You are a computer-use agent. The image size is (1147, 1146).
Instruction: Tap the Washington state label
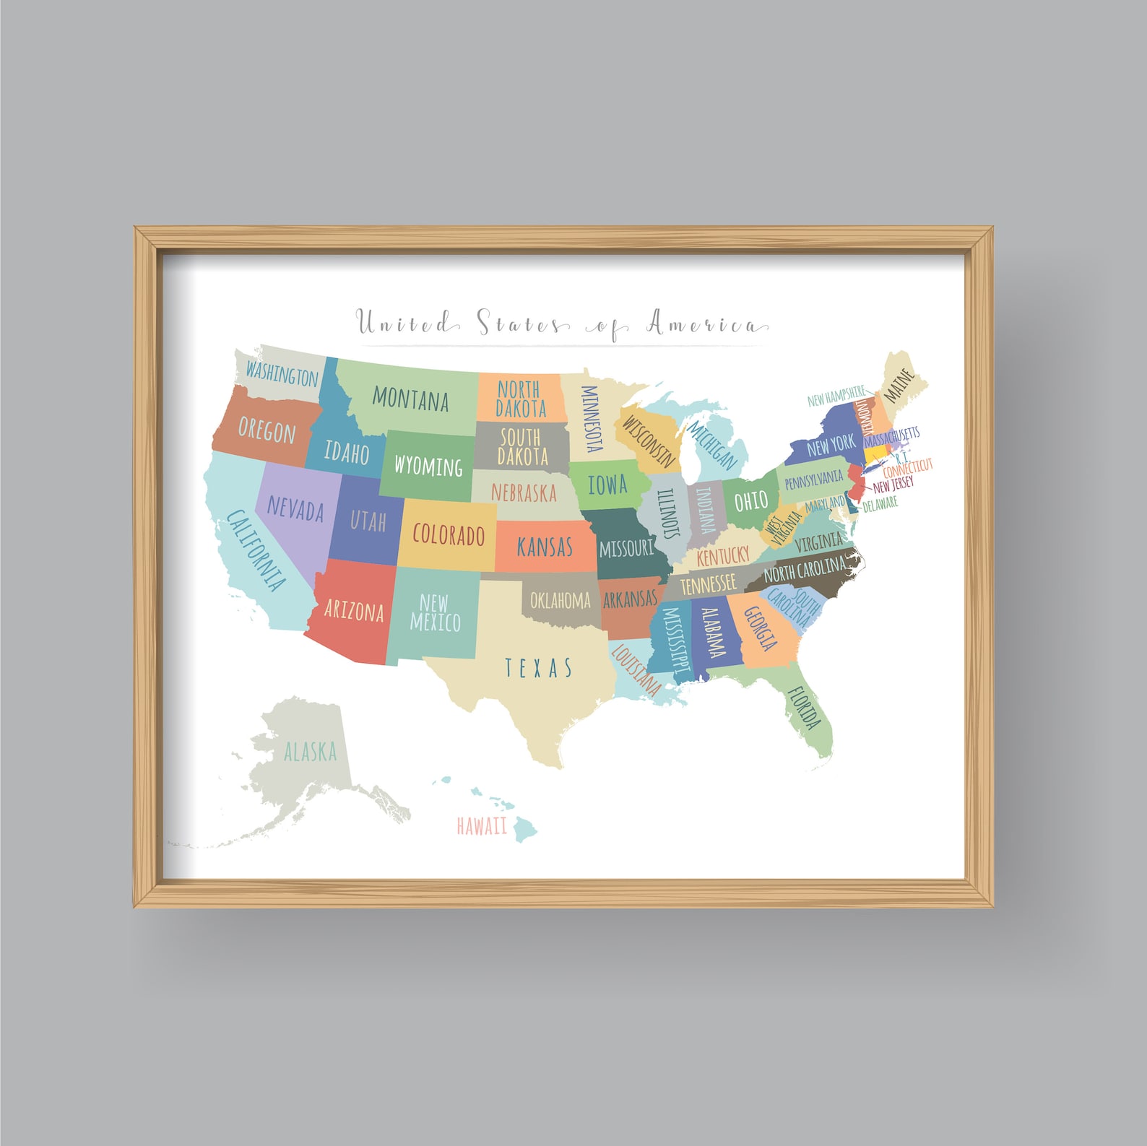(281, 374)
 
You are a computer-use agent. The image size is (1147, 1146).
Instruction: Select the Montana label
(410, 399)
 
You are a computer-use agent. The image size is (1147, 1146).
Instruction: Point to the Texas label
(538, 668)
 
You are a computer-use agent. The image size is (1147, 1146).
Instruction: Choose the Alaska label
(310, 752)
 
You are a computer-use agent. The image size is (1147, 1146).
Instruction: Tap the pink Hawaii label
(482, 825)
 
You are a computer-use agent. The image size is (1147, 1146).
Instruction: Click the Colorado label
(448, 535)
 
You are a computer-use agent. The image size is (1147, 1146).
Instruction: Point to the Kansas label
(545, 547)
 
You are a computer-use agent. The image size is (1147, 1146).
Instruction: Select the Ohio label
(750, 500)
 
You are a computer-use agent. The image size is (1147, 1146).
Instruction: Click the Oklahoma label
(560, 600)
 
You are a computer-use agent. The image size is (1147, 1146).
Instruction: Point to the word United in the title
(404, 323)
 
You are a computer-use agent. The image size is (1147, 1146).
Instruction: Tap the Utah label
(368, 521)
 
